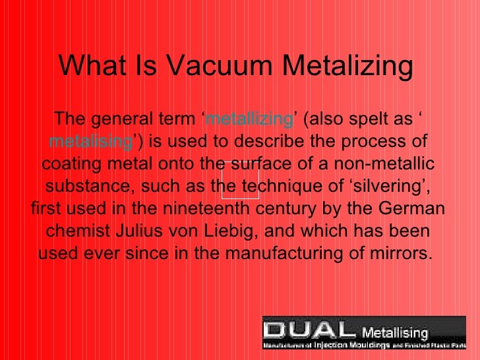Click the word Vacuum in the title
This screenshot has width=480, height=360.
coord(218,65)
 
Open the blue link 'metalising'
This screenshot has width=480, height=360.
coord(91,142)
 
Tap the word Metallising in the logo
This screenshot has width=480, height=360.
coord(396,332)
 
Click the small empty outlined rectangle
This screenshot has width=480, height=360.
coord(240,180)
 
